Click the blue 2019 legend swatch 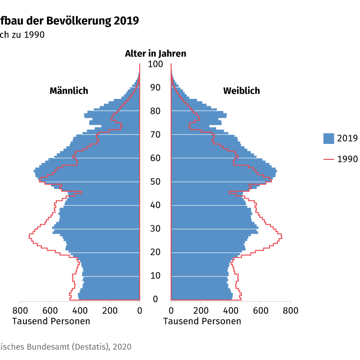point(329,138)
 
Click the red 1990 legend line point(329,159)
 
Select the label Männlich point(69,91)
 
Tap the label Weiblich point(241,91)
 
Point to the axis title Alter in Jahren point(155,53)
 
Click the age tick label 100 point(155,64)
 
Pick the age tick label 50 point(155,182)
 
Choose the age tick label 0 point(155,300)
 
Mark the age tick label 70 point(155,135)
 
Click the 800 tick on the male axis point(20,310)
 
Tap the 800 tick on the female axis point(290,310)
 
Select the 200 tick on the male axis point(110,310)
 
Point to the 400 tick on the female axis point(231,310)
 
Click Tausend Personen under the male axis point(51,321)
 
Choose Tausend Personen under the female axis point(202,321)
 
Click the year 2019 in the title point(126,21)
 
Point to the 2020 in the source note point(121,347)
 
